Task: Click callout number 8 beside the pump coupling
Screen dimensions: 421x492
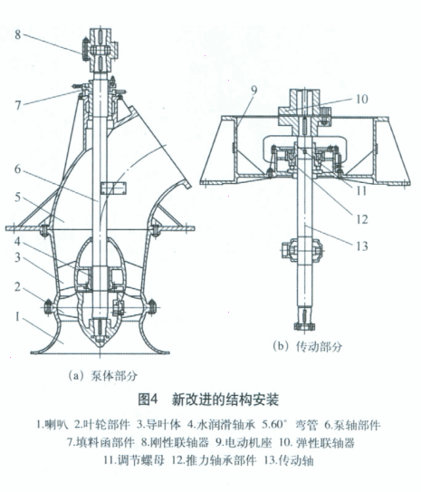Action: point(17,34)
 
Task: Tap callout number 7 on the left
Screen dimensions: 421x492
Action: point(18,105)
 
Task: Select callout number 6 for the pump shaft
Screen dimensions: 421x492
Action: point(17,169)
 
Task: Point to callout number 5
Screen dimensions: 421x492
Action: point(17,198)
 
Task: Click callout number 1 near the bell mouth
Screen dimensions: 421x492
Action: point(17,317)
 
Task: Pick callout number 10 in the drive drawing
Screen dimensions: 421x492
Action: point(362,99)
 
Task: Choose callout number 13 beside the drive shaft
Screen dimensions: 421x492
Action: point(362,246)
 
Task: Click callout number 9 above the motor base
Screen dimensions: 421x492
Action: point(254,90)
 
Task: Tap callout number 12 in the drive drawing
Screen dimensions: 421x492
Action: point(362,219)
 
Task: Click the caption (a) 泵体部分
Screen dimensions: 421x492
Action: point(103,376)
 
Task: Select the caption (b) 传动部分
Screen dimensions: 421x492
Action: point(307,346)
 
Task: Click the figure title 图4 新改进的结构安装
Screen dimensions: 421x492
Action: point(208,400)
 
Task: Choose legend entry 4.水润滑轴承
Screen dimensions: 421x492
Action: point(222,425)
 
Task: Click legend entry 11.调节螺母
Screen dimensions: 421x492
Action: point(134,460)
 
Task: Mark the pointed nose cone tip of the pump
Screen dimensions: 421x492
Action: point(100,347)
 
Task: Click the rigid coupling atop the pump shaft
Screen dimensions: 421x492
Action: point(100,50)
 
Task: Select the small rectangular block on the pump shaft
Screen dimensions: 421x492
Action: point(113,188)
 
